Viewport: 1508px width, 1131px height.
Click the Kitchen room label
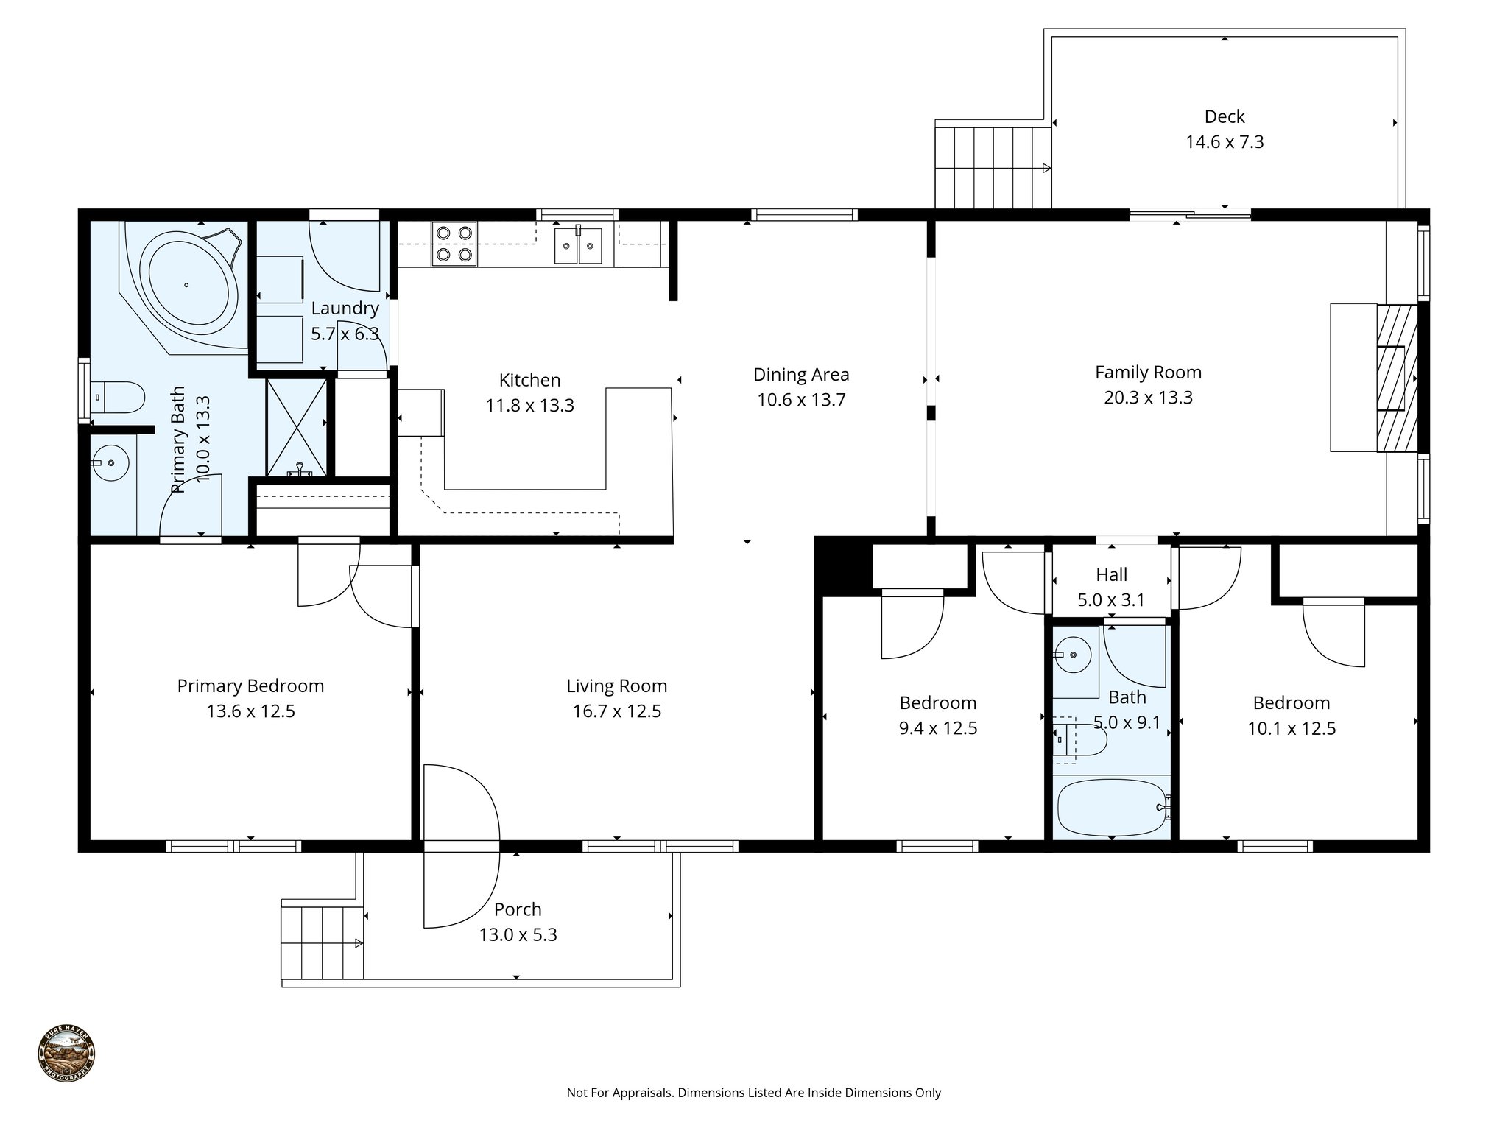(x=529, y=380)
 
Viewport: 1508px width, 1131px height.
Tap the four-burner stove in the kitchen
(x=454, y=244)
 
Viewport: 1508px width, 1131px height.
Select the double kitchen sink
(x=579, y=245)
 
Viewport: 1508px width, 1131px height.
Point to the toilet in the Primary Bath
(x=118, y=398)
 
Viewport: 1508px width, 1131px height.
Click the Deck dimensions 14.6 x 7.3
(x=1225, y=141)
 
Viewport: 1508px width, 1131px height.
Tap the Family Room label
(x=1148, y=373)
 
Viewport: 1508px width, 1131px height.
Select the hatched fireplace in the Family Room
(x=1397, y=377)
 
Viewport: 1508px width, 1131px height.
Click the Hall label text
(x=1111, y=574)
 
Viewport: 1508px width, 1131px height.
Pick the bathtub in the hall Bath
(x=1112, y=807)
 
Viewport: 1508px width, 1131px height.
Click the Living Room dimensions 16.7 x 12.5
(x=617, y=711)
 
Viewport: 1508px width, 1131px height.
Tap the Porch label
(x=518, y=909)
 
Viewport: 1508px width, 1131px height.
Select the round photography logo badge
(x=66, y=1054)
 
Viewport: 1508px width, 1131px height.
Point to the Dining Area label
(x=801, y=375)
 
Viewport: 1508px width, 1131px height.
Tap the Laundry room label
(x=345, y=309)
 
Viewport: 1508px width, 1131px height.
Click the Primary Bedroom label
(x=250, y=686)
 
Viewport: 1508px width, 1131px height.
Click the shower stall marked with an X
(x=296, y=427)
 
